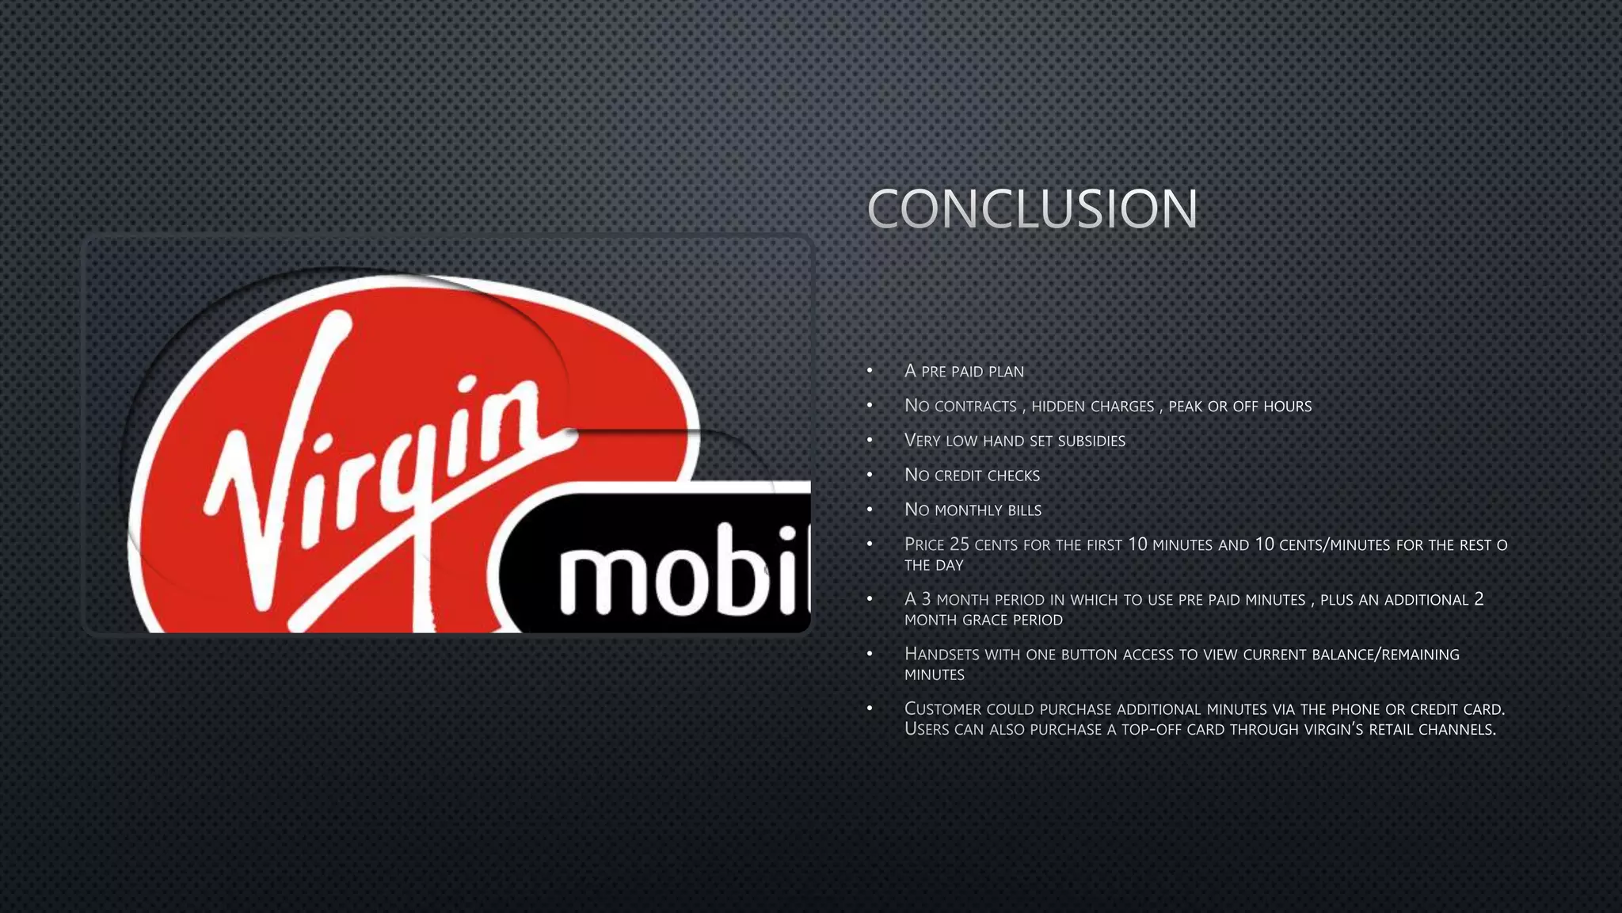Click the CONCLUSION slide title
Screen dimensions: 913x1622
(1032, 209)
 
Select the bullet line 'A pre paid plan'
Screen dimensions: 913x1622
(964, 371)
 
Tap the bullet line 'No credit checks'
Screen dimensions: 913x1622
(972, 476)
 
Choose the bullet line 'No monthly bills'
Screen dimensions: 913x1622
(973, 510)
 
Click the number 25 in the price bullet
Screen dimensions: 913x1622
(959, 544)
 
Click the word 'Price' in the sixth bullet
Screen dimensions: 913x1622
(924, 544)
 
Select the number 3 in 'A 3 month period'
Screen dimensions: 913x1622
(926, 599)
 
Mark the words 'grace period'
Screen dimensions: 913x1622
(1011, 620)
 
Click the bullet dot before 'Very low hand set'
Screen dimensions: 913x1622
(870, 440)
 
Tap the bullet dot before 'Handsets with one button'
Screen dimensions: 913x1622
(870, 654)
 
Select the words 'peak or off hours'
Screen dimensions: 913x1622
(1239, 406)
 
